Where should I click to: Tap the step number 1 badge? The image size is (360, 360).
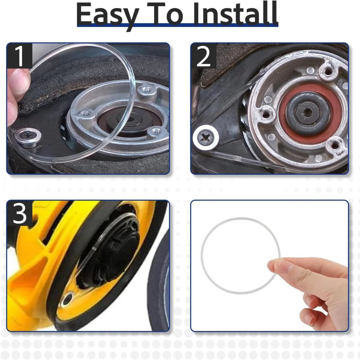pos(19,56)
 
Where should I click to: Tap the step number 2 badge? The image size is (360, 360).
pos(204,56)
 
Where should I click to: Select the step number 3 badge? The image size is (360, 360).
pos(19,213)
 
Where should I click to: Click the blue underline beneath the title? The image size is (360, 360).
pos(178,25)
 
